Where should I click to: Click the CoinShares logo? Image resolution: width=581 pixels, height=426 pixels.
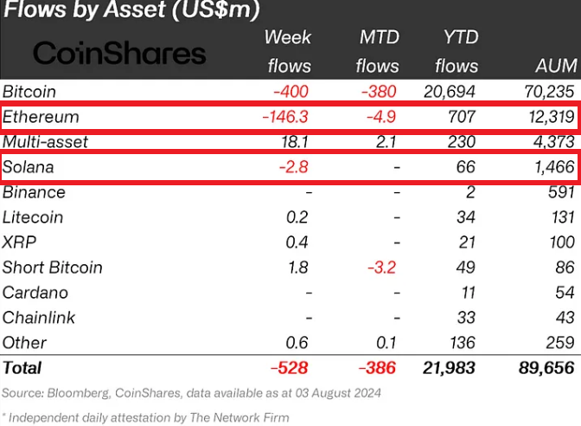tap(119, 53)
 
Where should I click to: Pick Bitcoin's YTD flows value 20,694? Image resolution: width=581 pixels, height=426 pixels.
tap(448, 92)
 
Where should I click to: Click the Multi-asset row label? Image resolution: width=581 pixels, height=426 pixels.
tap(45, 142)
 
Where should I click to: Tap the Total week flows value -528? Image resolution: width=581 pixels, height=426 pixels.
tap(290, 368)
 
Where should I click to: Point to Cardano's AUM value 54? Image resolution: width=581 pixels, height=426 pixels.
tap(563, 293)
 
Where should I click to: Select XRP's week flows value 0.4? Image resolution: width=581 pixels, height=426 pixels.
tap(297, 242)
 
